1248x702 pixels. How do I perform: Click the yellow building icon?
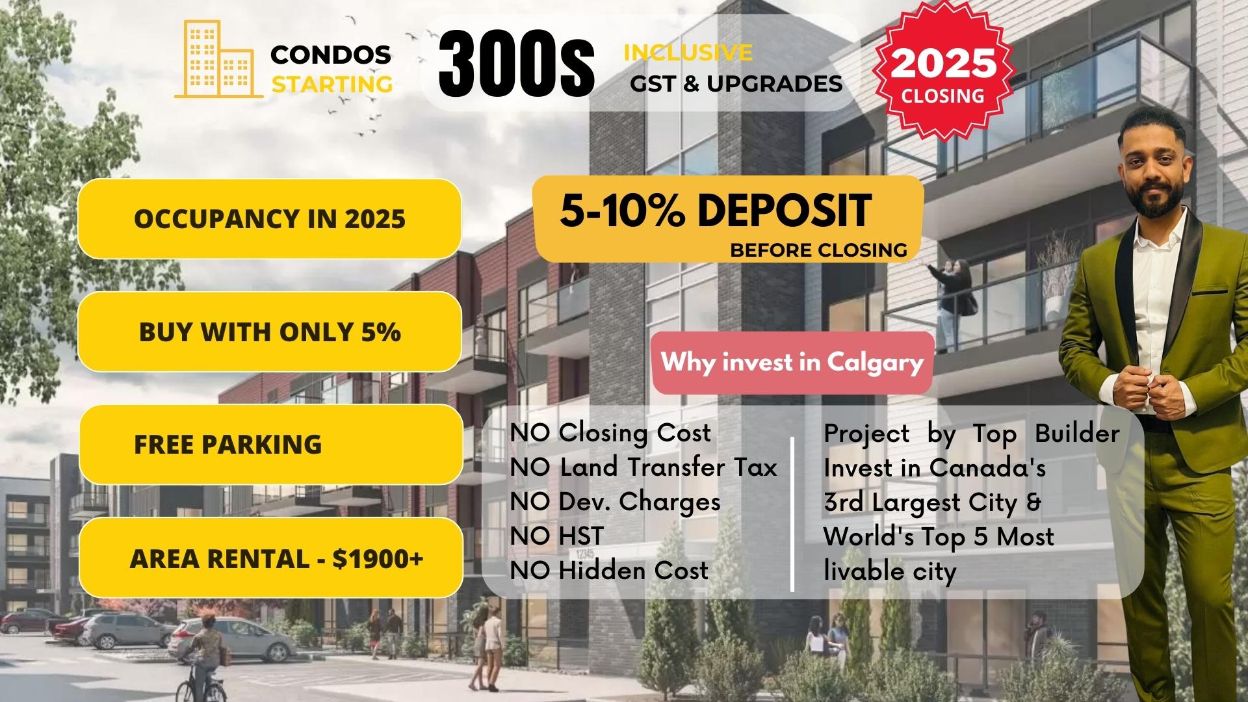tap(218, 60)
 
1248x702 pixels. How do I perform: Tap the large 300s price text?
tap(516, 66)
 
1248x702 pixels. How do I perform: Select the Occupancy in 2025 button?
tap(269, 218)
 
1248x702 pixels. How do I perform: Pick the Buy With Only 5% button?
tap(269, 331)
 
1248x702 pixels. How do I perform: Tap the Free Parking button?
tap(270, 444)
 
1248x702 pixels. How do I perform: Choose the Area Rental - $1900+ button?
tap(270, 558)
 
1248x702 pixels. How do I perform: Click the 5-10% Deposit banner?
tap(728, 219)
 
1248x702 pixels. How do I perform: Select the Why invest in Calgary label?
tap(792, 362)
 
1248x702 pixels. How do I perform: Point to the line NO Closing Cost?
tap(610, 433)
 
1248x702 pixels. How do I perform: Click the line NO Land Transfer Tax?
tap(643, 467)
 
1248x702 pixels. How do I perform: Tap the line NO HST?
tap(557, 536)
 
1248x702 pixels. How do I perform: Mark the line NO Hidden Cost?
tap(609, 571)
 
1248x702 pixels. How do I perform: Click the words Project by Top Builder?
tap(972, 434)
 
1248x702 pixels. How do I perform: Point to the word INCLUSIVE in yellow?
tap(688, 52)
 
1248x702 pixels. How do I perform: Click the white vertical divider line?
tap(792, 514)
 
